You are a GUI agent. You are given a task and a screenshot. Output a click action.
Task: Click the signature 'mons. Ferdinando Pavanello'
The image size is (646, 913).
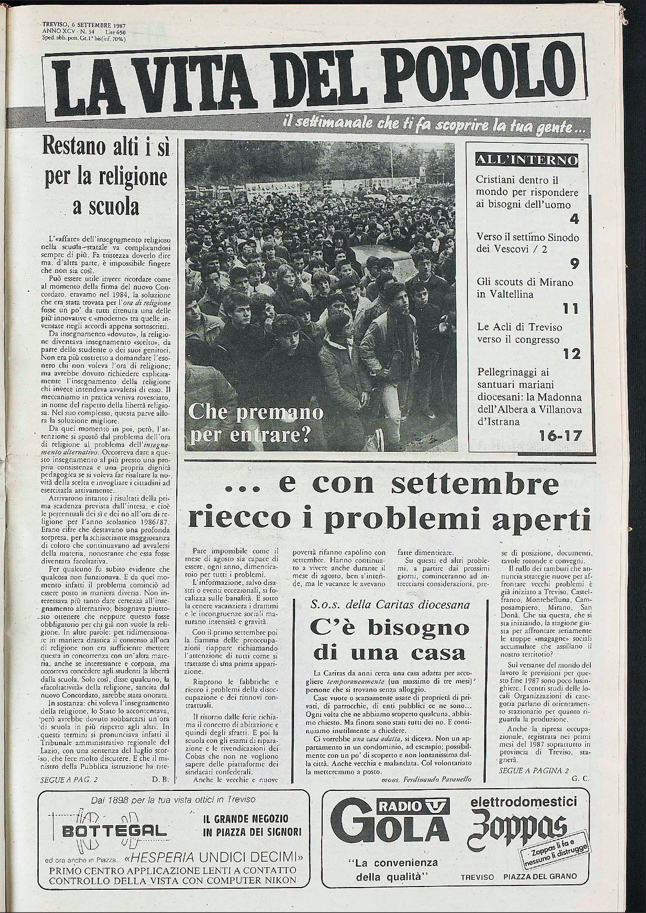coord(425,779)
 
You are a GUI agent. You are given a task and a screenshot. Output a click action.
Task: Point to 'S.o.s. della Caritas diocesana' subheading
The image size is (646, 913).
coord(391,605)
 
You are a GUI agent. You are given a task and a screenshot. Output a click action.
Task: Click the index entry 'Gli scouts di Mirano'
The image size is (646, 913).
coord(525,282)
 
